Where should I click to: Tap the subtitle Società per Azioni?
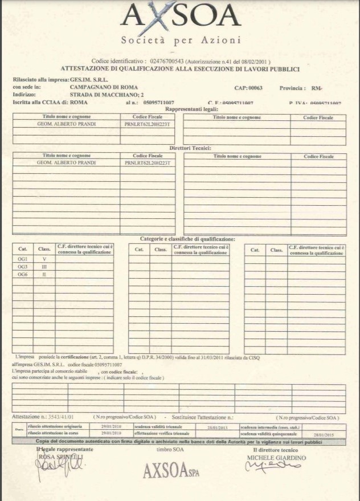pos(181,40)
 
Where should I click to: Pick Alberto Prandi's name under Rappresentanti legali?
pos(66,124)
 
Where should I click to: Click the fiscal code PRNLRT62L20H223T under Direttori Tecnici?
pos(148,163)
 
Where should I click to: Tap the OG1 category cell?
pos(23,259)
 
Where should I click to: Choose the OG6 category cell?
pos(23,275)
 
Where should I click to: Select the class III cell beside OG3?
pos(44,267)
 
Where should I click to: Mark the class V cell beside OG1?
pos(44,259)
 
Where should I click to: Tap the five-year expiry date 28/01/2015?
pos(324,434)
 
